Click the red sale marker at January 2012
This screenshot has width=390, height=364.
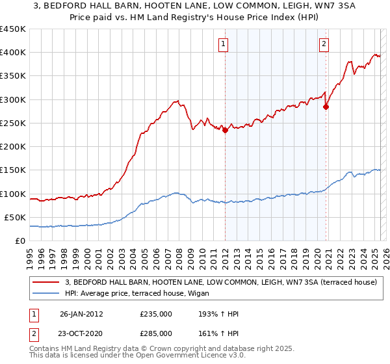[x=225, y=130]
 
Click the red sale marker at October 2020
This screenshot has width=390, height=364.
[x=326, y=107]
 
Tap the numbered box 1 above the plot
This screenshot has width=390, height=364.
[x=223, y=44]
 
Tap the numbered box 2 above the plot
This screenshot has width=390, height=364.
[x=324, y=44]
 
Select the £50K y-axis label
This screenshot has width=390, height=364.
[x=15, y=217]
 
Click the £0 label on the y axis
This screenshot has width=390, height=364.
[x=20, y=240]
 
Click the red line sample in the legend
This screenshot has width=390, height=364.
[x=45, y=282]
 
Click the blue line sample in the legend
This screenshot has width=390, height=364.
[x=45, y=293]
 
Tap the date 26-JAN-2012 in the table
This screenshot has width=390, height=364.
[x=81, y=314]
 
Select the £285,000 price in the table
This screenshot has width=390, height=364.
[x=156, y=333]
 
